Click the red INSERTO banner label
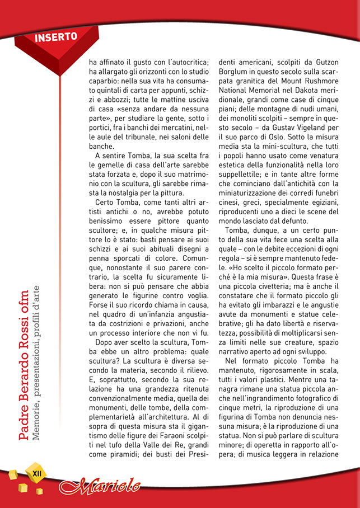click(56, 38)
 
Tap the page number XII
click(38, 473)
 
